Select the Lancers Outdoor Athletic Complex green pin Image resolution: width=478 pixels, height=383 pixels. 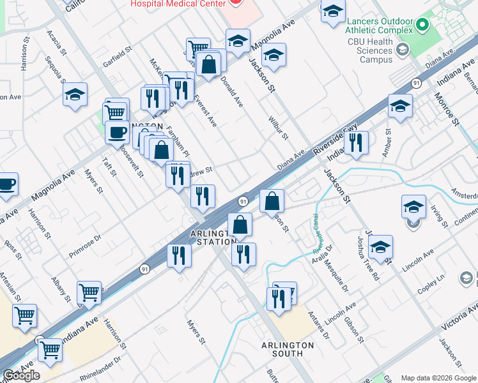click(422, 26)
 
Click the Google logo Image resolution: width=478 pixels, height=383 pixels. click(22, 375)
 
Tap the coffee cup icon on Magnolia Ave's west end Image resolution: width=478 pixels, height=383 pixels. click(6, 184)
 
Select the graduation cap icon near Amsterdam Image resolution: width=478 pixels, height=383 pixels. click(413, 206)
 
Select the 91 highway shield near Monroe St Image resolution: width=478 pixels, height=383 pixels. click(416, 83)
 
